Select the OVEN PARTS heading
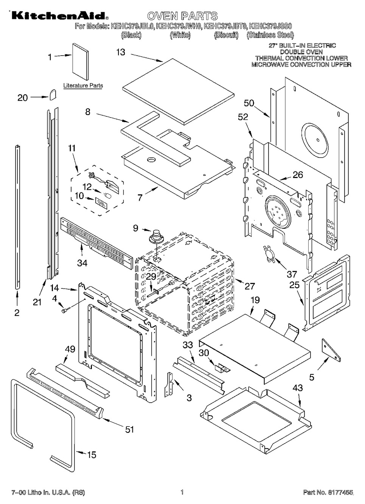[x=182, y=16]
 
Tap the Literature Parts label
[x=83, y=86]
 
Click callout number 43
[x=298, y=388]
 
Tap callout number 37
[x=291, y=274]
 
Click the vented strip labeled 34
[x=96, y=242]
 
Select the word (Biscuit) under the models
[x=226, y=35]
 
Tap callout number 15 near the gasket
[x=92, y=455]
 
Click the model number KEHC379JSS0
[x=271, y=26]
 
